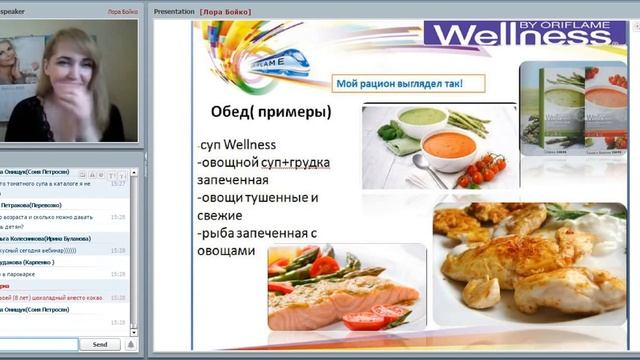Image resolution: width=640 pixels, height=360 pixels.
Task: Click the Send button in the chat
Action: click(x=100, y=344)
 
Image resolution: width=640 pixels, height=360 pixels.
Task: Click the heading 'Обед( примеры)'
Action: click(x=271, y=112)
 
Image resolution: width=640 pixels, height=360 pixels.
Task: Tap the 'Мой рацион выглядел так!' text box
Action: click(x=404, y=84)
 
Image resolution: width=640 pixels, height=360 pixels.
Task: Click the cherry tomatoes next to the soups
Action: click(x=483, y=170)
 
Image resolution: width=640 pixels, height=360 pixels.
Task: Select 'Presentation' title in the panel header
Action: click(x=174, y=11)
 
